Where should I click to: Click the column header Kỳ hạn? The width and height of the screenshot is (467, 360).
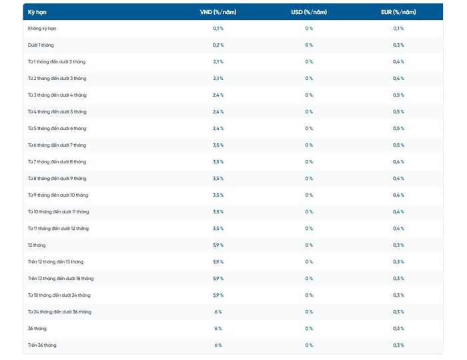(x=37, y=12)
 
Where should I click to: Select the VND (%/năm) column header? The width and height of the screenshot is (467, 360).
(x=218, y=12)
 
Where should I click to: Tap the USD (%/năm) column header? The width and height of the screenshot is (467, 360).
(x=309, y=12)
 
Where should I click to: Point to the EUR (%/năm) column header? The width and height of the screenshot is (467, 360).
(x=398, y=12)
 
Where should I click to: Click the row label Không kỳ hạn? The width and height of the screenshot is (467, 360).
(x=42, y=29)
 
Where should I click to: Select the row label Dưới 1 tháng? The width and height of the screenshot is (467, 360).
(x=41, y=45)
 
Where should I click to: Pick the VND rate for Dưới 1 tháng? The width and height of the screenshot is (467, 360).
(x=218, y=45)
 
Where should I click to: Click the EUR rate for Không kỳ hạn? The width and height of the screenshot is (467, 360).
(x=398, y=28)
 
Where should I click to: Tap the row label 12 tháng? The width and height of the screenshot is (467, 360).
(x=37, y=245)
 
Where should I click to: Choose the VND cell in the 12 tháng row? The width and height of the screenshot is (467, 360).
(x=218, y=245)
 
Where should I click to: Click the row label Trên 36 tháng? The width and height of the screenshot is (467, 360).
(x=42, y=345)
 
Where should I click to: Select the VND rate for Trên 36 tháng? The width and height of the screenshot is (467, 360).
(x=218, y=345)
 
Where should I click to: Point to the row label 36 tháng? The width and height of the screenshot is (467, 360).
(x=37, y=329)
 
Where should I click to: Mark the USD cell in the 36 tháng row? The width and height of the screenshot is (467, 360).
(x=309, y=329)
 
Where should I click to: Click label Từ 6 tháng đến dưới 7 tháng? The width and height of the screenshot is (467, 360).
(x=57, y=145)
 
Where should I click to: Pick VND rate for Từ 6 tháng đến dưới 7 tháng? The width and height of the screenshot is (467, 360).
(x=218, y=145)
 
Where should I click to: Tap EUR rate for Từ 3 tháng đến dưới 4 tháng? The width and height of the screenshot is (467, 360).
(x=398, y=95)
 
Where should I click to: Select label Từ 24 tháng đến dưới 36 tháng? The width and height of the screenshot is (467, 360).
(x=59, y=312)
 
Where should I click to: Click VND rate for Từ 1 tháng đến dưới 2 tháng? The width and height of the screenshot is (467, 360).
(x=218, y=61)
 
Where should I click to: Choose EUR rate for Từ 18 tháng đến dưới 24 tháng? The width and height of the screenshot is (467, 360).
(x=398, y=295)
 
